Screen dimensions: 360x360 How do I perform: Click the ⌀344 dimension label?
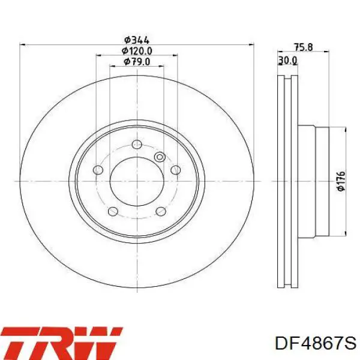[x=137, y=40]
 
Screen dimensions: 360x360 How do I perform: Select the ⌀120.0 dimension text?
[x=137, y=51]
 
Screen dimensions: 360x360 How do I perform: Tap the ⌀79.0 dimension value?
[x=137, y=62]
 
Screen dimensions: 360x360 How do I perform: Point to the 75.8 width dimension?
[x=303, y=47]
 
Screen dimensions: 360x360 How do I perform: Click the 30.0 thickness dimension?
[x=287, y=61]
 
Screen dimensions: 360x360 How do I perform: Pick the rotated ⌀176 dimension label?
[x=341, y=181]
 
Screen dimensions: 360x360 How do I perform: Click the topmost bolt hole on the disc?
[x=137, y=145]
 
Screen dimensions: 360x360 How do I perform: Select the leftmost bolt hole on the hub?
[x=98, y=170]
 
